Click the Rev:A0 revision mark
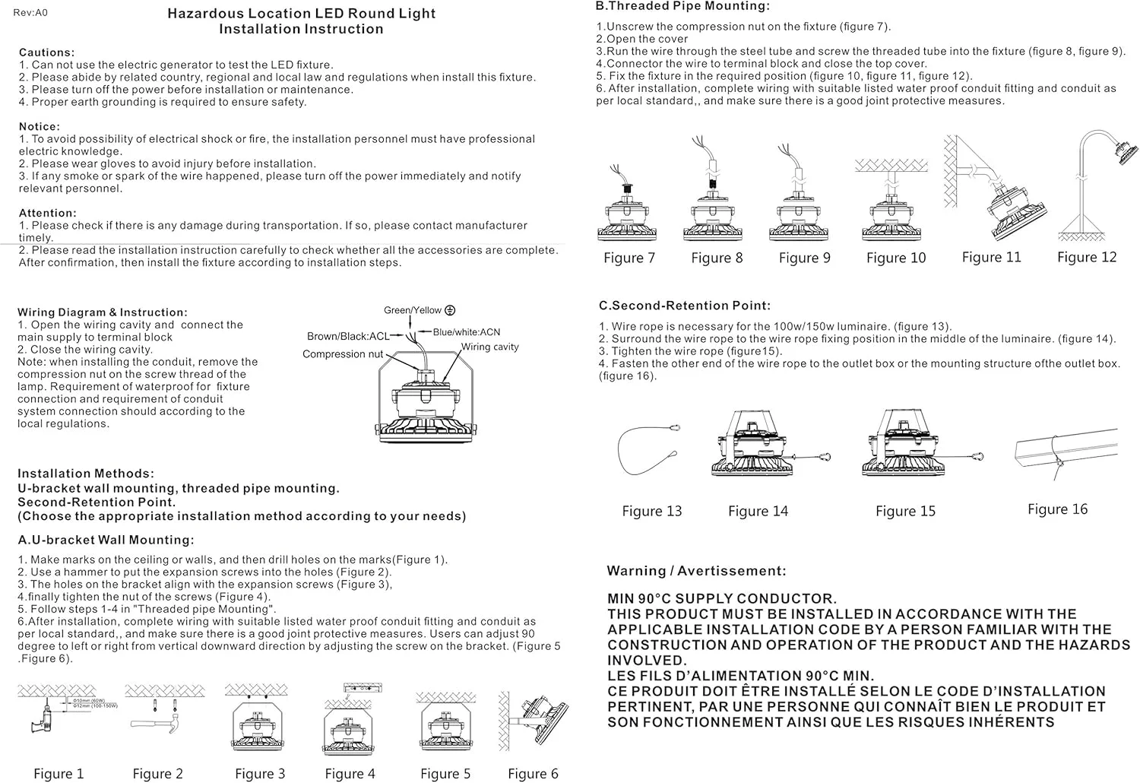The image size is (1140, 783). click(30, 13)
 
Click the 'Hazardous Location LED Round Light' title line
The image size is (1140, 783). click(301, 14)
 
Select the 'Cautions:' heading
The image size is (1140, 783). click(47, 52)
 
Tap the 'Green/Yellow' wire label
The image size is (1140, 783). click(413, 310)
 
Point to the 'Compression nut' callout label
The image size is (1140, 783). click(343, 354)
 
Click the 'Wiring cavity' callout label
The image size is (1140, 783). click(489, 347)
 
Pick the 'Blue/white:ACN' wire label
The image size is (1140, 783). click(467, 332)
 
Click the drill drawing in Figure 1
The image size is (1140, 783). click(46, 723)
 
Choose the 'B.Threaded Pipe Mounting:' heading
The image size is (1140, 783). click(682, 6)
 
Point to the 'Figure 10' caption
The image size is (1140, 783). click(896, 258)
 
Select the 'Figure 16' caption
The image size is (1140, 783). click(1057, 509)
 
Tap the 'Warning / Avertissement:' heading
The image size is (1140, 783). click(696, 571)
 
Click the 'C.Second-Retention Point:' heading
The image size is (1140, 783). click(684, 306)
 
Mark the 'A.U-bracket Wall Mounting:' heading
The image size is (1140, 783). click(106, 540)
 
